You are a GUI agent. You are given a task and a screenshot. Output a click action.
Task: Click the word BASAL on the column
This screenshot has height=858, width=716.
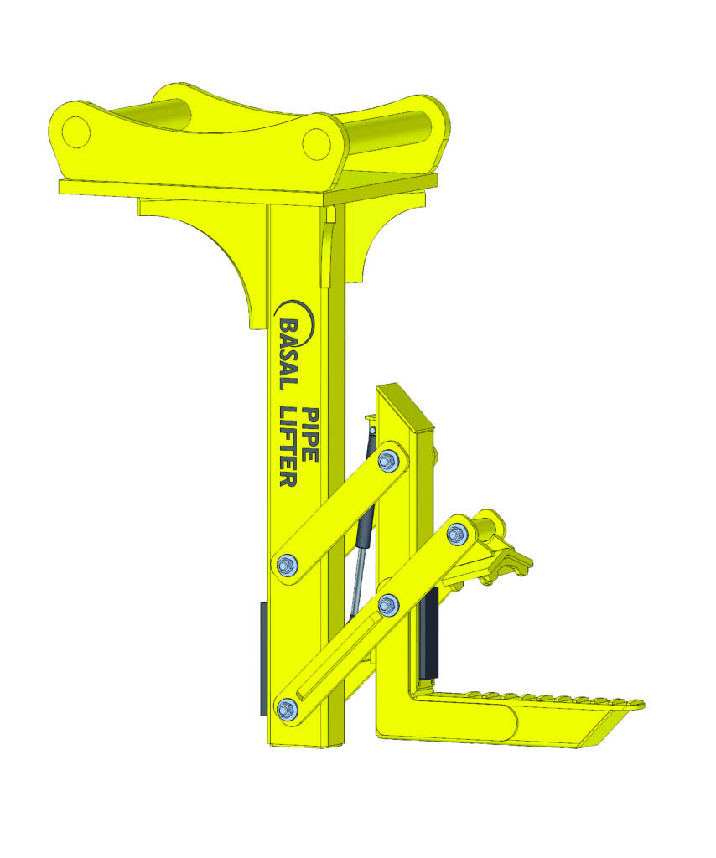pyautogui.click(x=287, y=353)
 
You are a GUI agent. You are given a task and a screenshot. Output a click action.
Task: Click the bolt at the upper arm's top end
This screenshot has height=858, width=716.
pyautogui.click(x=387, y=459)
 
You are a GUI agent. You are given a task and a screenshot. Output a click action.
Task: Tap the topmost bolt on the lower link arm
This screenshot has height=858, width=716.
pyautogui.click(x=457, y=532)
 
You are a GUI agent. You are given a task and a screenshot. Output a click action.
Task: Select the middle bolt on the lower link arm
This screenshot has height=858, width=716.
pyautogui.click(x=387, y=603)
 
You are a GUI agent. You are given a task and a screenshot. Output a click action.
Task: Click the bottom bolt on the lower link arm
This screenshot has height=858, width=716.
pyautogui.click(x=287, y=708)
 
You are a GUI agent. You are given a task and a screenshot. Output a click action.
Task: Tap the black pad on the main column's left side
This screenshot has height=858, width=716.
pyautogui.click(x=262, y=658)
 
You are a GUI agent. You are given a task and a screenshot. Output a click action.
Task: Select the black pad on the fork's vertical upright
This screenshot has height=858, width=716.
pyautogui.click(x=432, y=633)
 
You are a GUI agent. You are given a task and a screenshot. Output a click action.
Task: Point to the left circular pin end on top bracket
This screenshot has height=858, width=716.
pyautogui.click(x=75, y=131)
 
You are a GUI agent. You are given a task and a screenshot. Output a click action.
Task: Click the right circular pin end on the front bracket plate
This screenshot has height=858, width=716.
pyautogui.click(x=316, y=142)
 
